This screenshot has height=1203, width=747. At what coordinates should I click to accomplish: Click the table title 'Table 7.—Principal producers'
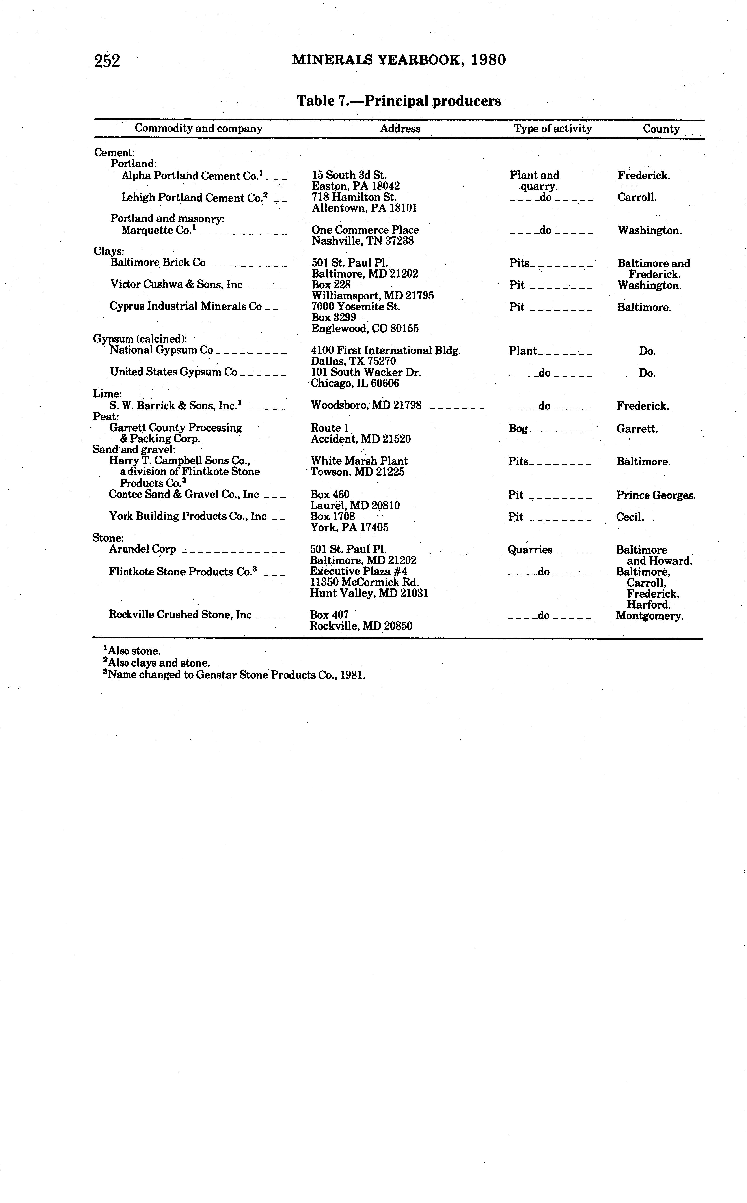click(398, 101)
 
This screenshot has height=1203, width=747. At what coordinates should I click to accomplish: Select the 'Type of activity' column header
click(552, 129)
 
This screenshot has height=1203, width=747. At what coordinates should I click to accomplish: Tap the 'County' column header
click(661, 129)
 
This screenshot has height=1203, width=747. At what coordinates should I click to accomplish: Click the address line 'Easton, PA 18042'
click(356, 186)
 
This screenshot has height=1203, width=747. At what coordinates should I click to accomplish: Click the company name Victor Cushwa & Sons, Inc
click(176, 285)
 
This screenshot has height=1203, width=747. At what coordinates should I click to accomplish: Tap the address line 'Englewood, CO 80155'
click(365, 329)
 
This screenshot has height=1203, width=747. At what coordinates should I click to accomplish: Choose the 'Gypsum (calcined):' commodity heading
click(140, 339)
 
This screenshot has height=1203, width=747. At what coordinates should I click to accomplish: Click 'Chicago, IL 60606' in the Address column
click(355, 383)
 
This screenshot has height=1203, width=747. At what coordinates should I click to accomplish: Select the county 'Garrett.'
click(637, 428)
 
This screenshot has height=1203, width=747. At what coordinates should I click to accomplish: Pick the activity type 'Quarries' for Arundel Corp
click(530, 550)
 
